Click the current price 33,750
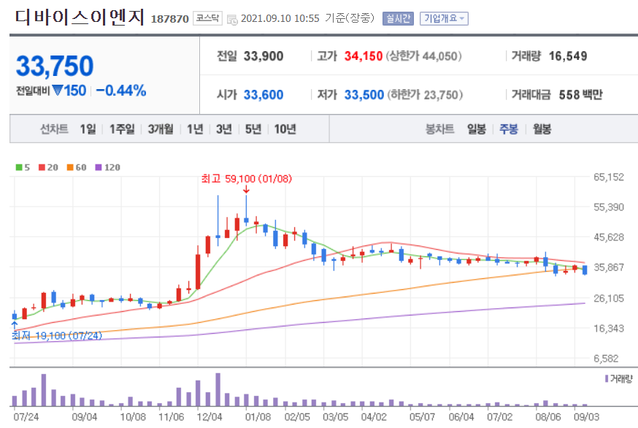point(55,66)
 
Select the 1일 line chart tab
point(88,129)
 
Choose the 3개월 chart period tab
point(160,129)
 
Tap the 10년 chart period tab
point(285,129)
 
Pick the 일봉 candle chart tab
point(476,129)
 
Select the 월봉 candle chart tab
point(542,129)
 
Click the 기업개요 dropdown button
point(444,18)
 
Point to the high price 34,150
point(364,56)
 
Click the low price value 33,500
point(364,94)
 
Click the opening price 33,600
point(263,94)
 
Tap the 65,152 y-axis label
point(609,177)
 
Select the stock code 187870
point(170,18)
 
